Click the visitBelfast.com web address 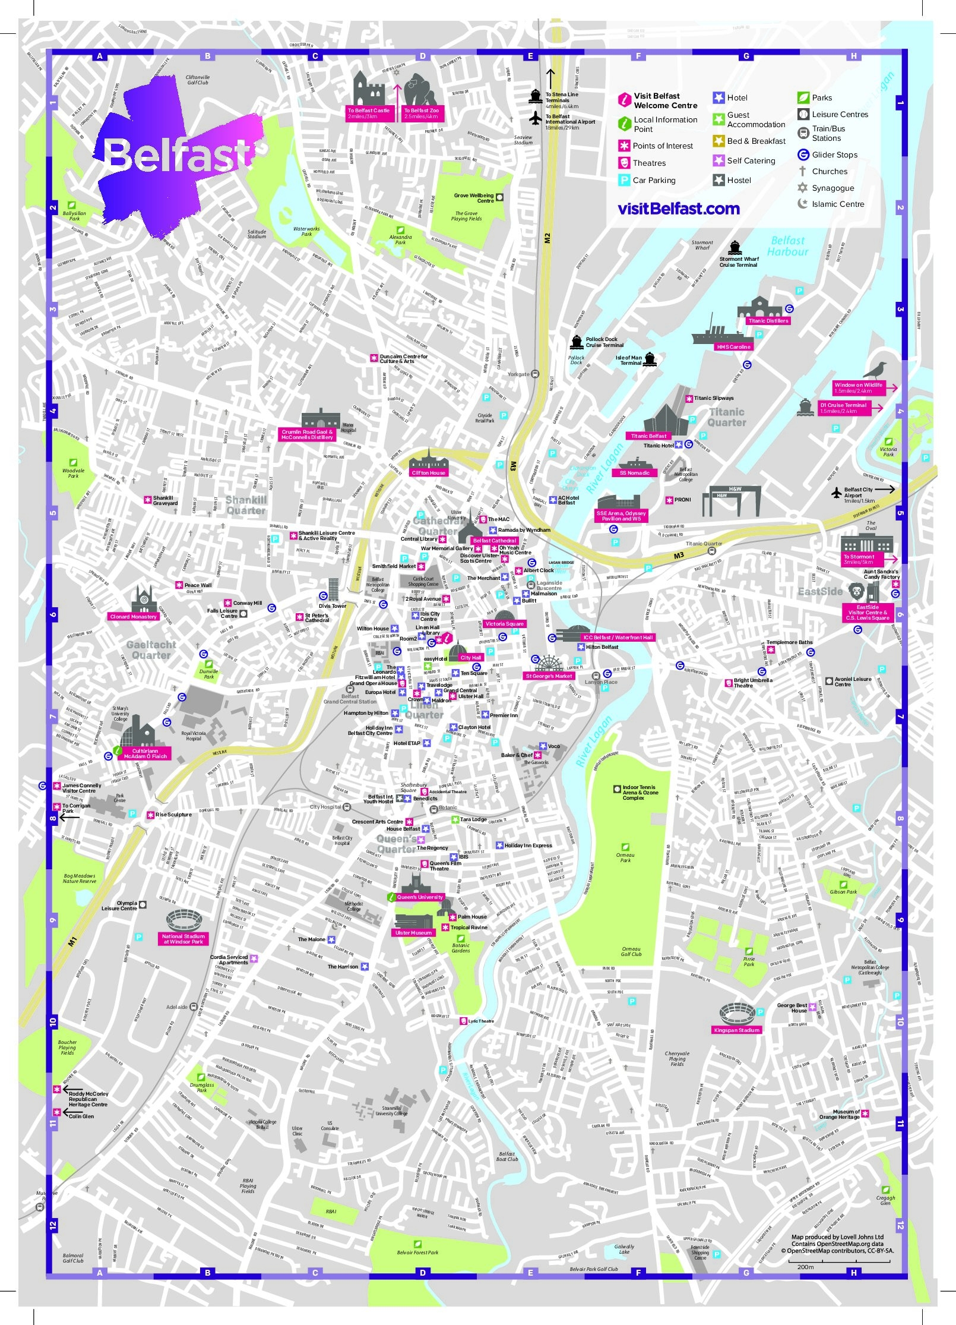678,209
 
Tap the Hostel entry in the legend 738,180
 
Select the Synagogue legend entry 832,188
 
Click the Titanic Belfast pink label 648,436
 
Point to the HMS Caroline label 733,347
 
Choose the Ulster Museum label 413,933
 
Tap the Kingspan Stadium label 736,1030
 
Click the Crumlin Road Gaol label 307,435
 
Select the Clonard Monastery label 133,617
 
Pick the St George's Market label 549,676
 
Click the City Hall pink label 470,658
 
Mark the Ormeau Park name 625,858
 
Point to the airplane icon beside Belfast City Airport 837,493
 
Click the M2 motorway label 547,238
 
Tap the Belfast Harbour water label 787,246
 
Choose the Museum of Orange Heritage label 839,1115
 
